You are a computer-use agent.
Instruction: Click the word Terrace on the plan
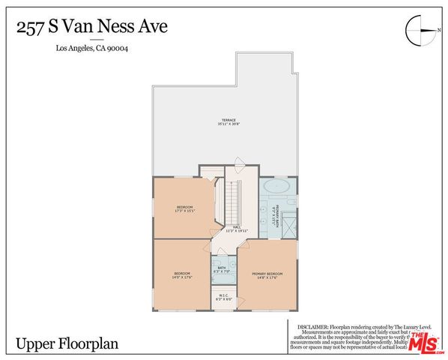pyautogui.click(x=228, y=120)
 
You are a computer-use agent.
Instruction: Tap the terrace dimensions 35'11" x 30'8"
pyautogui.click(x=228, y=124)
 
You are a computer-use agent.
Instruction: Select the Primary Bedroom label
pyautogui.click(x=267, y=273)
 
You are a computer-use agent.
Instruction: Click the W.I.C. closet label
pyautogui.click(x=223, y=295)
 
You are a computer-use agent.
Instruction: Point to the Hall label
pyautogui.click(x=237, y=227)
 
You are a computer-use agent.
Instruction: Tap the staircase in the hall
pyautogui.click(x=232, y=199)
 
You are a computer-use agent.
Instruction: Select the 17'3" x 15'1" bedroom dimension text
pyautogui.click(x=185, y=211)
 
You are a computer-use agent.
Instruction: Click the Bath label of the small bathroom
pyautogui.click(x=223, y=268)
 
